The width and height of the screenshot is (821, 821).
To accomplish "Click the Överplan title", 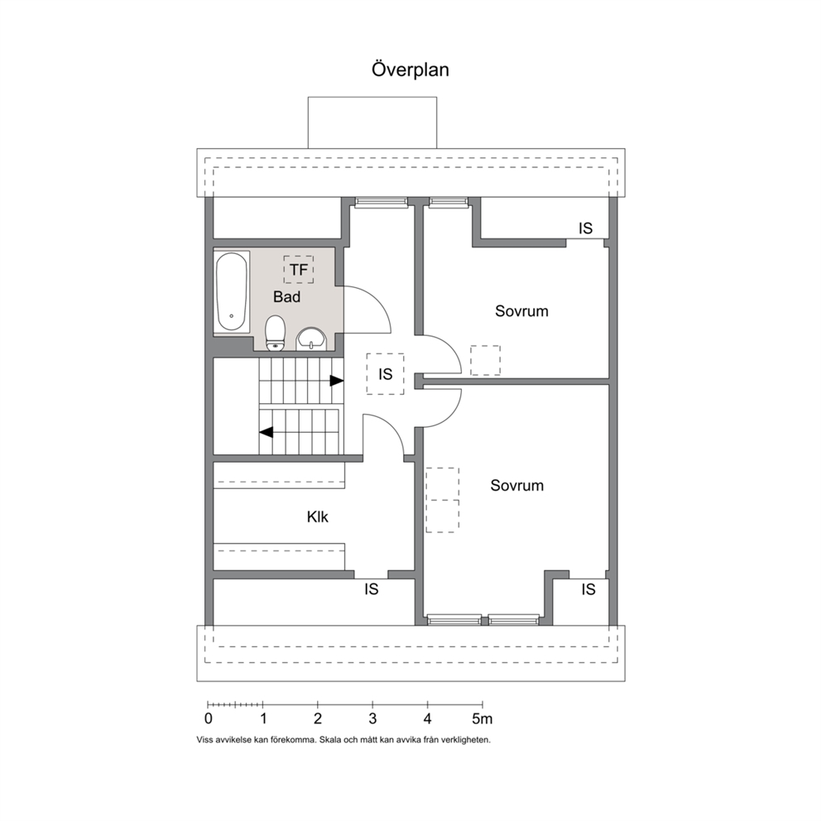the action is (410, 70).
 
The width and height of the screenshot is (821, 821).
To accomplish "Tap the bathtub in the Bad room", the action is (232, 291).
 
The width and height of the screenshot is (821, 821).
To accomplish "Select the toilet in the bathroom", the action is (275, 333).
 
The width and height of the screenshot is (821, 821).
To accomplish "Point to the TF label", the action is (299, 270).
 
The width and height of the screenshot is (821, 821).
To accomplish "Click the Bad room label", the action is (286, 297).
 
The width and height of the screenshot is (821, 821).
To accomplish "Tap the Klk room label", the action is (317, 516).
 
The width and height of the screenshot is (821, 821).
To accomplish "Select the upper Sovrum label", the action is (521, 311).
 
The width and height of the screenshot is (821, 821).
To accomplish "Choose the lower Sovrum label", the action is (516, 485).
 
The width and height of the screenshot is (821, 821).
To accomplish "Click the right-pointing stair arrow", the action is (336, 381).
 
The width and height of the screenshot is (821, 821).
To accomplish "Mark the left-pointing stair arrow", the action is (266, 433).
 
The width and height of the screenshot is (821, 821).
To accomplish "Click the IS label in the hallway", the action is (386, 374).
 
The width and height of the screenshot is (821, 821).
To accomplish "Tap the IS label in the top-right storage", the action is (585, 228).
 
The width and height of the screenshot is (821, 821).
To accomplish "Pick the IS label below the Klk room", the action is (372, 589).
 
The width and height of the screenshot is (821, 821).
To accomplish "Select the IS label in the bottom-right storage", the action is (588, 589).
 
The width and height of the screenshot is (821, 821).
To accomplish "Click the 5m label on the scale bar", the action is (483, 719).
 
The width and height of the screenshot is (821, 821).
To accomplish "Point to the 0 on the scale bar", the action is (209, 719).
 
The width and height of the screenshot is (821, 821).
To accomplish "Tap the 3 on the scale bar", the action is (372, 719).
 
